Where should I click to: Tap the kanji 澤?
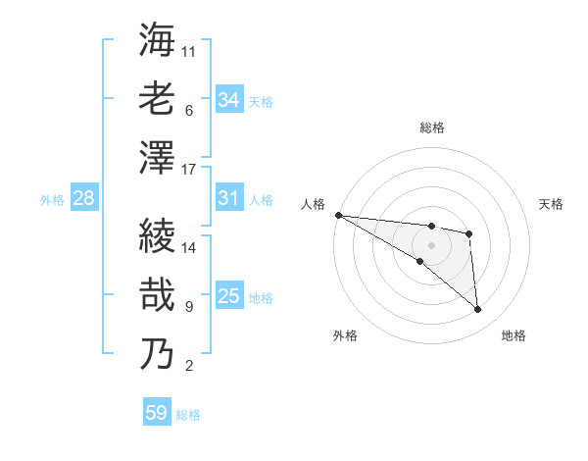(157, 157)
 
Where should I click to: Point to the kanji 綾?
(157, 235)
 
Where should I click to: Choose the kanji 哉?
(157, 294)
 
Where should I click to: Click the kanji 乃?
(157, 353)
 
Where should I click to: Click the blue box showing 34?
(229, 100)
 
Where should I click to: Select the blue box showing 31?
(229, 198)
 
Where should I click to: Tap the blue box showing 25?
(229, 296)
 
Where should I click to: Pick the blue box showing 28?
(84, 198)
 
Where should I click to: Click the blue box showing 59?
(157, 413)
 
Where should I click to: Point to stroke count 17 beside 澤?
(189, 170)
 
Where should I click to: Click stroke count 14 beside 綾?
(189, 248)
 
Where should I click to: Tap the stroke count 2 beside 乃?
(189, 367)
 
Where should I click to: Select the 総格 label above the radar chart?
(431, 128)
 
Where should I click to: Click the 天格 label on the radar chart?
(552, 204)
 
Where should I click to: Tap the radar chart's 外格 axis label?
(345, 335)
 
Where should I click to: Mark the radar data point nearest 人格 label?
(338, 215)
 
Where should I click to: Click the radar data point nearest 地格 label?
(478, 310)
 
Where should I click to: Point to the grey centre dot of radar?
(431, 245)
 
